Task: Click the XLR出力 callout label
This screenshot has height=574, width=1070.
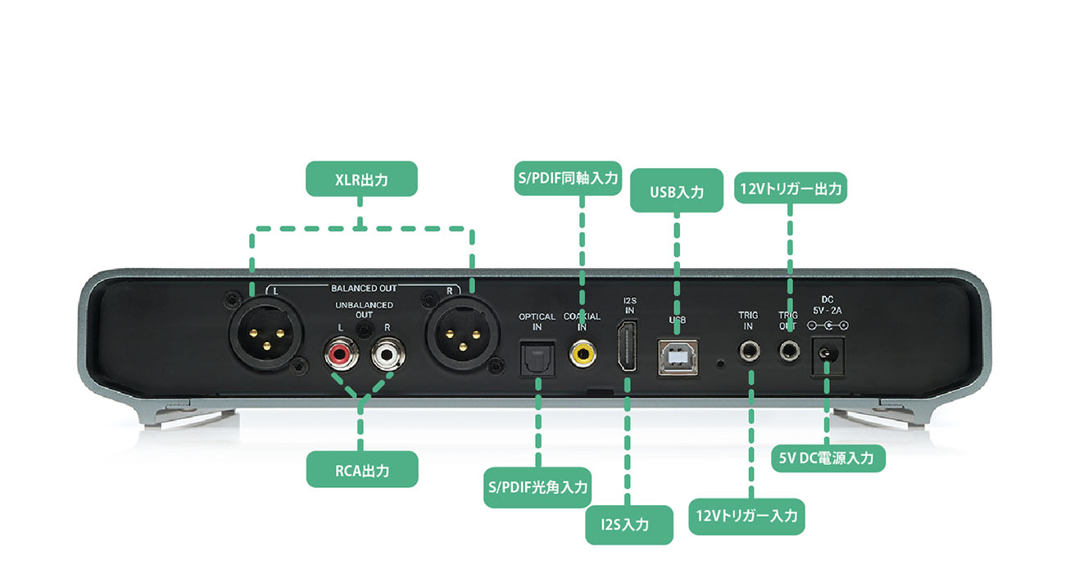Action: (x=361, y=179)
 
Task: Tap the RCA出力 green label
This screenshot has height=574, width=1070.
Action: (x=362, y=470)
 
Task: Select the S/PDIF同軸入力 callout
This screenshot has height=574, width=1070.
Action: (x=567, y=177)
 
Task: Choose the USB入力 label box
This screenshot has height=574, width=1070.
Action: (x=676, y=192)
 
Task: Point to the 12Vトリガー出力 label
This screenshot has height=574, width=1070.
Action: (x=790, y=189)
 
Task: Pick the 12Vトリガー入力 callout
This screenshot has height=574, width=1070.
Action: (x=746, y=516)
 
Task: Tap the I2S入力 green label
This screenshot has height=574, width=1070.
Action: (x=630, y=524)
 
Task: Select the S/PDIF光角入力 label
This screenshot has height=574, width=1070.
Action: (x=537, y=487)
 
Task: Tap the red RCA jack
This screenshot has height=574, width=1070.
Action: (x=337, y=355)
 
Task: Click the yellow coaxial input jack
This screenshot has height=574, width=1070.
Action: (x=583, y=353)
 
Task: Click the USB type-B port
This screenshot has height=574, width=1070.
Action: (x=677, y=354)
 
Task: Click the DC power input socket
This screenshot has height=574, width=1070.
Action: (x=827, y=354)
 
